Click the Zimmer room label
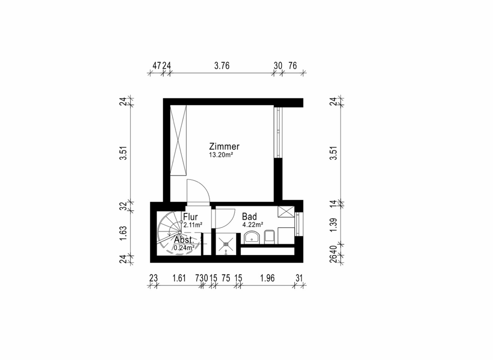pos(224,147)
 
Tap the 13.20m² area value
pos(221,155)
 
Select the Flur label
pos(191,217)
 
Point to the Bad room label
pos(249,217)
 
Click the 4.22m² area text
pos(252,224)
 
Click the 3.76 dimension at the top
pos(222,66)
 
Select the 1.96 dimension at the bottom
pos(267,278)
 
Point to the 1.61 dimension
pos(179,278)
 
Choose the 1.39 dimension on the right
pos(333,225)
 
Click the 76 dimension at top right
pos(292,66)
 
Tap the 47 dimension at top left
pos(157,66)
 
